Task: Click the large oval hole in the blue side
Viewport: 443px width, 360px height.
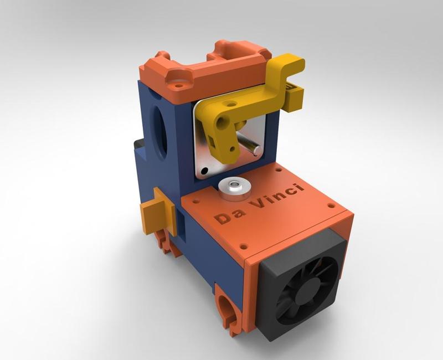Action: [159, 128]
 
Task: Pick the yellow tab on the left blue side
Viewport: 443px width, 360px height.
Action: [152, 213]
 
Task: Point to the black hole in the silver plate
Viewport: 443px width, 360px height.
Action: [204, 171]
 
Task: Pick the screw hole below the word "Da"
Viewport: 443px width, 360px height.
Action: [243, 244]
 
